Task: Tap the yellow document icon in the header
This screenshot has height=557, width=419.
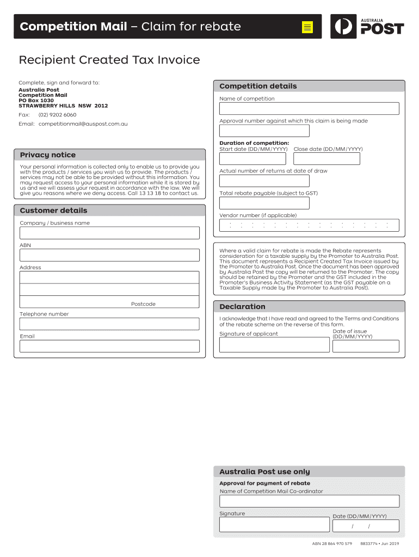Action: (x=307, y=27)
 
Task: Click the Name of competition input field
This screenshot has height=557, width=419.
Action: (x=309, y=109)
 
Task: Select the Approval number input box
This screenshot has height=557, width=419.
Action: (x=264, y=131)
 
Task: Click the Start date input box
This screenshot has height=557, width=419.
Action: (x=253, y=159)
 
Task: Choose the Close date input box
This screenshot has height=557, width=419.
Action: (x=326, y=159)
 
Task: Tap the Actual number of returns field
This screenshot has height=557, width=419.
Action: (x=264, y=181)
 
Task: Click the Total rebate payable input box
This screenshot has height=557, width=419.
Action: (x=264, y=203)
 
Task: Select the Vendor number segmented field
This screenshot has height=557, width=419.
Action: (x=309, y=225)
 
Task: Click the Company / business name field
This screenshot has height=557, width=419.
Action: (x=109, y=233)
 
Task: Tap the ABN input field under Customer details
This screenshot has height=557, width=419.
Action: (x=109, y=255)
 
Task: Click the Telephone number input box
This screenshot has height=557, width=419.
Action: (x=109, y=324)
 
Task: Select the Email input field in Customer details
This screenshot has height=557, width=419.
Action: (x=109, y=346)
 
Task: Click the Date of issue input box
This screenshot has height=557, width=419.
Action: (x=366, y=346)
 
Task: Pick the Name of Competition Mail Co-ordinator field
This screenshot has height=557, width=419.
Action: (x=309, y=501)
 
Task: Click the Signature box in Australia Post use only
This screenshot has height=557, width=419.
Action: (x=274, y=525)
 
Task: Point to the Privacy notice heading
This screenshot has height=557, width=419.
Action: (x=48, y=155)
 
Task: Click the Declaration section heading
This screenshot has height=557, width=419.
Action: (x=242, y=307)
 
